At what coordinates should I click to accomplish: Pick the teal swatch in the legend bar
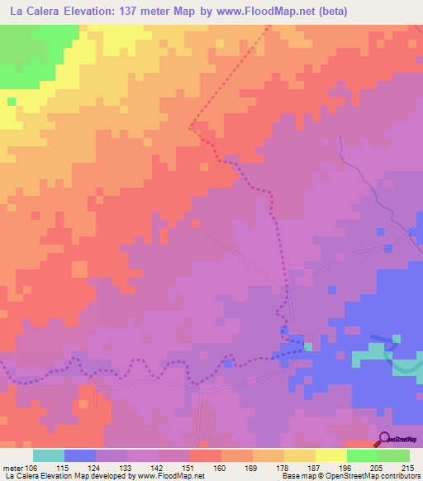tap(49, 455)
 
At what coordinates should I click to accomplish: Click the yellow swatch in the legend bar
tap(300, 455)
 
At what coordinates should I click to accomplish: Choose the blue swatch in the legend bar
tap(80, 455)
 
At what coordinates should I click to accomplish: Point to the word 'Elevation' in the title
tap(88, 12)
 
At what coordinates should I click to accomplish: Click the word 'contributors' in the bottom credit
tap(398, 477)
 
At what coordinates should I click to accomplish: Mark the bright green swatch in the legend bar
tap(363, 455)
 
